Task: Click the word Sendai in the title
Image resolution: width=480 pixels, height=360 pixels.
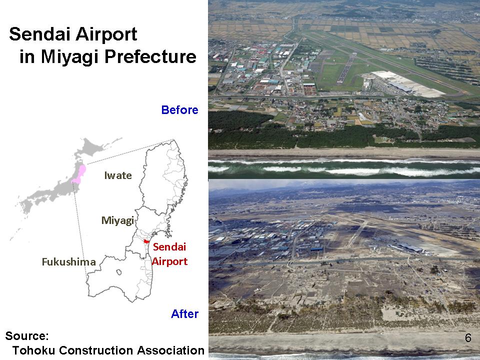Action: tap(39, 34)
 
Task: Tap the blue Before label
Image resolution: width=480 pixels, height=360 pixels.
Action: tap(179, 110)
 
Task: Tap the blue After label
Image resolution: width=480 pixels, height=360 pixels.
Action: tap(184, 314)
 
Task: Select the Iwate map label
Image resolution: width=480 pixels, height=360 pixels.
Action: tap(118, 175)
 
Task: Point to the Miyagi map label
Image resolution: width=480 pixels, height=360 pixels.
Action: tap(117, 220)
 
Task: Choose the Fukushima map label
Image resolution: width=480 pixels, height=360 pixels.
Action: tap(69, 262)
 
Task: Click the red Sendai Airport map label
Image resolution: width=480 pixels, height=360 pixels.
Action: tap(169, 254)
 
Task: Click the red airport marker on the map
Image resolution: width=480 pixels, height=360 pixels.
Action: tap(146, 241)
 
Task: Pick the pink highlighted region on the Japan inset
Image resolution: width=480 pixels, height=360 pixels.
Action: tap(79, 175)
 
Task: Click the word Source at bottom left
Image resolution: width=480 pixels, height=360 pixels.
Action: tap(27, 336)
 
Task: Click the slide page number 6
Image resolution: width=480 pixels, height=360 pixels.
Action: tap(468, 337)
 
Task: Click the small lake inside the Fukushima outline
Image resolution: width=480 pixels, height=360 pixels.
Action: tap(119, 272)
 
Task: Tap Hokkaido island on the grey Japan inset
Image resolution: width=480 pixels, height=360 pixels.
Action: tap(92, 146)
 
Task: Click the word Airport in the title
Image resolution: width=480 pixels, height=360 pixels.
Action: tap(106, 34)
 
